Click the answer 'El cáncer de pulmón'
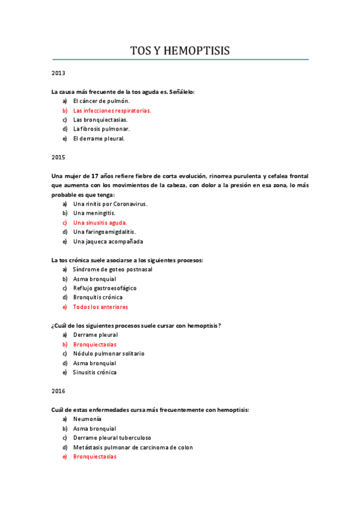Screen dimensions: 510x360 101,101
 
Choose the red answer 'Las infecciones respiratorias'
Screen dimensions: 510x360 112,111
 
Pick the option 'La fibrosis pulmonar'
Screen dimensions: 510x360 101,129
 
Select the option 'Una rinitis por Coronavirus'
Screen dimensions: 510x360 110,204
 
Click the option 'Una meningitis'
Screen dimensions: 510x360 94,213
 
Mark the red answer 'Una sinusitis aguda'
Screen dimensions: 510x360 100,223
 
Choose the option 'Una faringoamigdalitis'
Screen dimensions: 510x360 104,232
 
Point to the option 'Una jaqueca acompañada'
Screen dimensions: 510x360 108,241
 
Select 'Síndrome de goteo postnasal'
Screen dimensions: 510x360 112,269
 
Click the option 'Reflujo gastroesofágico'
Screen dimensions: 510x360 105,288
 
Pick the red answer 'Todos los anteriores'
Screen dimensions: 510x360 100,307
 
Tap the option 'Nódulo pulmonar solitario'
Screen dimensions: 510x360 109,354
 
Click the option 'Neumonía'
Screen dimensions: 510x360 87,419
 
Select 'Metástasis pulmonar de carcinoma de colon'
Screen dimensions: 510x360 133,447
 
